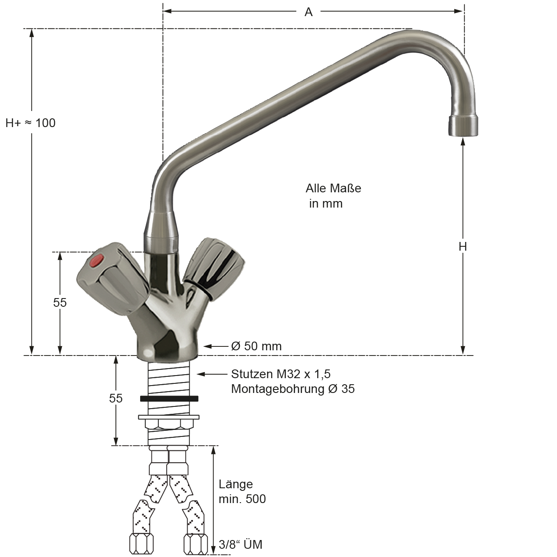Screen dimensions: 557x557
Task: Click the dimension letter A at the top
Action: click(309, 12)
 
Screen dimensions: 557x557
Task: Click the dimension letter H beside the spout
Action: click(463, 247)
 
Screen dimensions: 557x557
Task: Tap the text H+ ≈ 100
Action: click(30, 123)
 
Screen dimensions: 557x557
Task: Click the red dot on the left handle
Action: click(96, 260)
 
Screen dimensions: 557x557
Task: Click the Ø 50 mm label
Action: click(256, 346)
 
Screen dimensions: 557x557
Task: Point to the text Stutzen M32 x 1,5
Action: click(281, 374)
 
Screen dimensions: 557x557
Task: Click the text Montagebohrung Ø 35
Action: click(293, 389)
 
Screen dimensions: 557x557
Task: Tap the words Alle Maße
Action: click(333, 188)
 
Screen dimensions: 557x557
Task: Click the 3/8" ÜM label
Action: click(241, 544)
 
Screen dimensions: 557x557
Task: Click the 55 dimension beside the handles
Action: click(60, 302)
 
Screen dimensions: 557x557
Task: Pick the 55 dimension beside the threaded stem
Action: click(116, 398)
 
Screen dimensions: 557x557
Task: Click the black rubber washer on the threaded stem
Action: click(169, 399)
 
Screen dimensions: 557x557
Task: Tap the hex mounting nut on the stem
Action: click(169, 423)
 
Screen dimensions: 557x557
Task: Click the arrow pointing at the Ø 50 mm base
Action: click(216, 346)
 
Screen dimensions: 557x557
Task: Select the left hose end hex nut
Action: click(141, 544)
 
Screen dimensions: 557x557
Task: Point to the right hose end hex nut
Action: click(196, 544)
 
